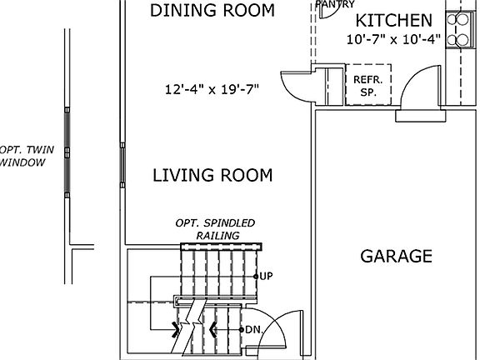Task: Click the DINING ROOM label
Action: (212, 11)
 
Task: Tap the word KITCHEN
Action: (394, 21)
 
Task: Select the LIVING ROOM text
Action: (212, 175)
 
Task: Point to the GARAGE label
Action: (396, 256)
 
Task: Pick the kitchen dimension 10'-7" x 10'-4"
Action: (393, 39)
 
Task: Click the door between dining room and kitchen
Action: (296, 82)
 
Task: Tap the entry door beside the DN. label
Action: (279, 333)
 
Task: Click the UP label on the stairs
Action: (267, 276)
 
